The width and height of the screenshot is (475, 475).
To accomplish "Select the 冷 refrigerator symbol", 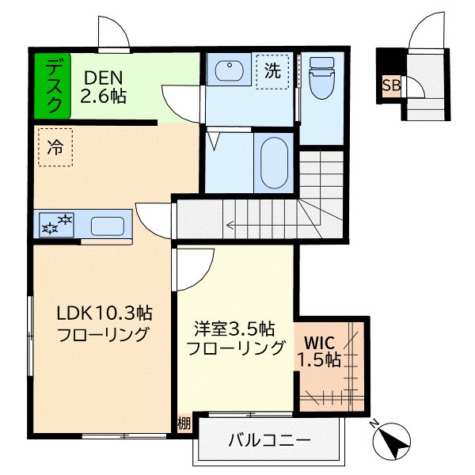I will click(x=55, y=147).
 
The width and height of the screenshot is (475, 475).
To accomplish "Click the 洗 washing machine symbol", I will click(x=272, y=70).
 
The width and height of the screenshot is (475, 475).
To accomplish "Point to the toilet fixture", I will click(x=322, y=79).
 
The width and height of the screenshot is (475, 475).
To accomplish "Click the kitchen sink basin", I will click(x=106, y=225).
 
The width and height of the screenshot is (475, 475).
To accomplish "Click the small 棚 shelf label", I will click(x=184, y=423).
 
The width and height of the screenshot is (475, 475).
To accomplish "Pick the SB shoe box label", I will click(x=390, y=85).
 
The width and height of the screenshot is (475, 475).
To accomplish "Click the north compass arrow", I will click(x=394, y=440).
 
